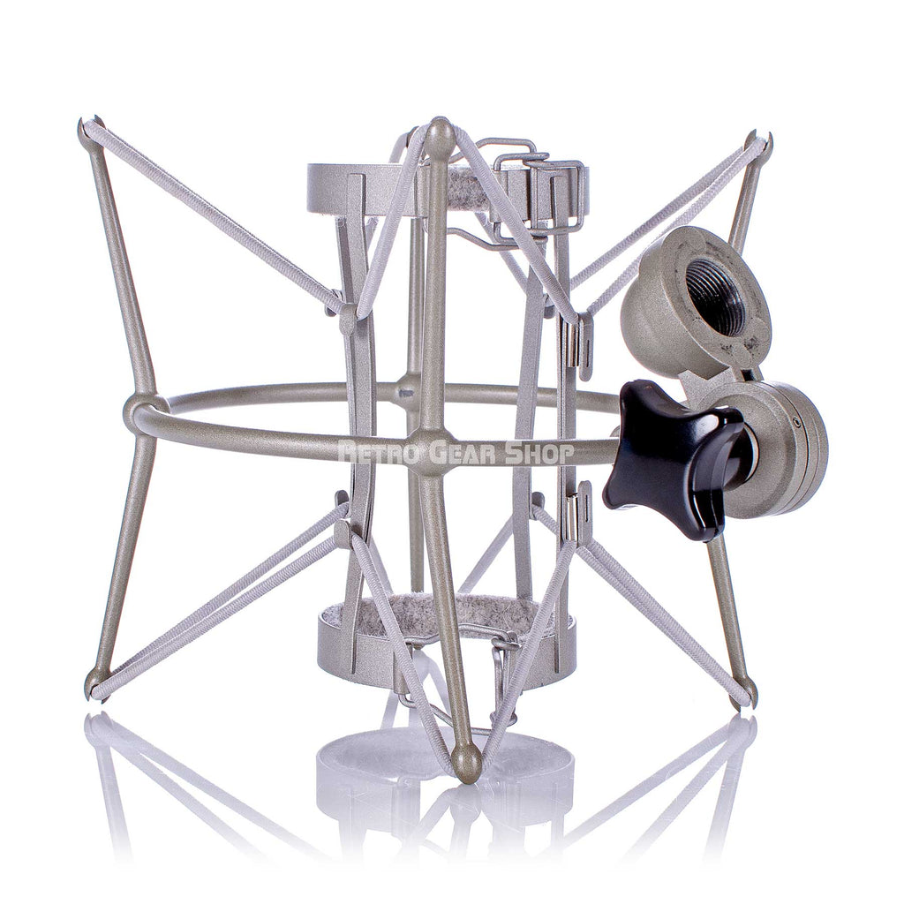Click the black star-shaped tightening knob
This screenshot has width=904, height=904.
664,457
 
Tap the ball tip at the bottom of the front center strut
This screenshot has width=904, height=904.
466,761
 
